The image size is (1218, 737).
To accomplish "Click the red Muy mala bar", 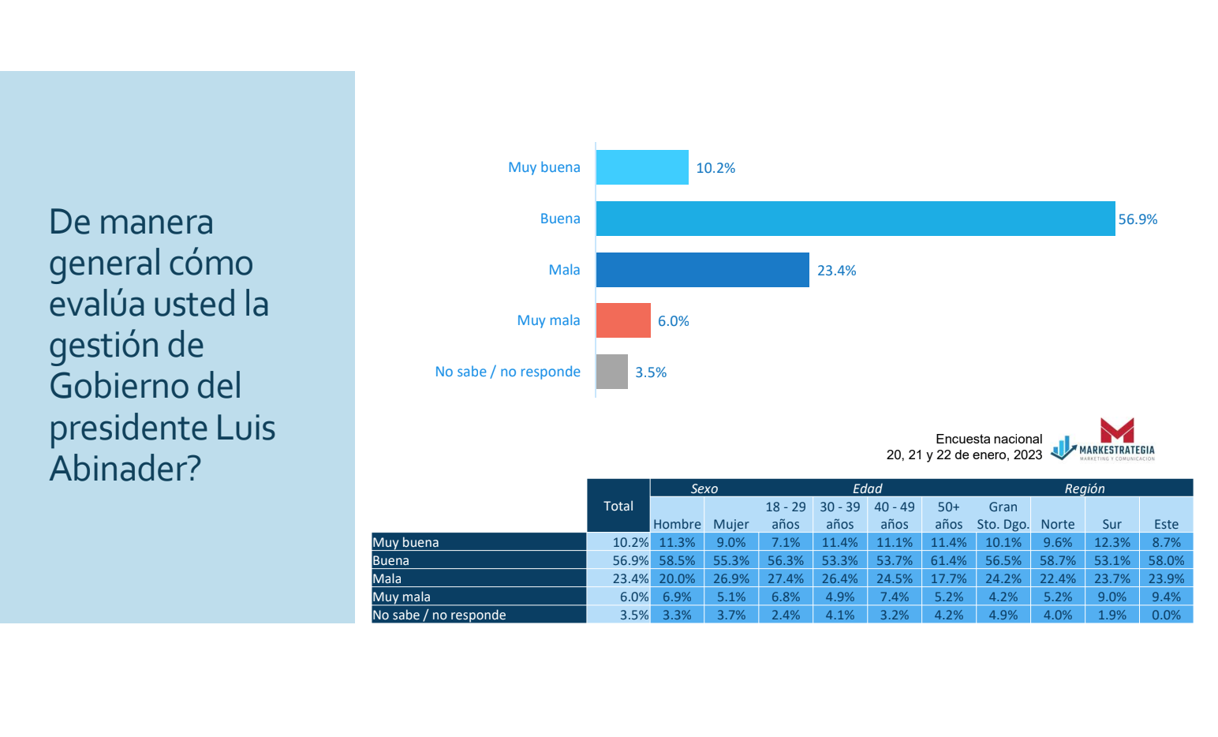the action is coord(623,320).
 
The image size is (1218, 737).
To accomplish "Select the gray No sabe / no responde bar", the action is coord(611,372).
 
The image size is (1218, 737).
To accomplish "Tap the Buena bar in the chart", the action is coord(855,219).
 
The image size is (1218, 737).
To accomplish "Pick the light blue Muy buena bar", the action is coord(642,167).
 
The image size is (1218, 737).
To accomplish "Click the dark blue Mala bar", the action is coord(703,270).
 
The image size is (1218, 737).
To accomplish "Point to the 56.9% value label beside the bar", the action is coord(1138,219).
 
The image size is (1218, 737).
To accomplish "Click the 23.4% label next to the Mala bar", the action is coord(836,271).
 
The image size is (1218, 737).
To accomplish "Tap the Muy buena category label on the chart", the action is coord(544,167).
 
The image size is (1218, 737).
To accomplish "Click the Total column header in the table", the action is coord(618,506).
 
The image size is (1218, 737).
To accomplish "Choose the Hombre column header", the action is coord(677,524).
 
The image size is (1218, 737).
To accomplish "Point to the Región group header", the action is coord(1084,488).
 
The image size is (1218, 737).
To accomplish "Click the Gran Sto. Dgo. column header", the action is coord(1003,515).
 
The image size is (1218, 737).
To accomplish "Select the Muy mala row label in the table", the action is coord(402,597).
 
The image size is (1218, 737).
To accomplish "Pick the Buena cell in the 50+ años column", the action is coord(949,560).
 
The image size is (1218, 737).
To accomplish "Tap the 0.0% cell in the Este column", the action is coord(1167,615).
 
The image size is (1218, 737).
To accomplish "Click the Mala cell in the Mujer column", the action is coord(731,578).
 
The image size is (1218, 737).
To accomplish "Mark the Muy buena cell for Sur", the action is coord(1112,542).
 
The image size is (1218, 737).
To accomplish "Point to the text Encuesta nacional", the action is coord(988,439).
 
